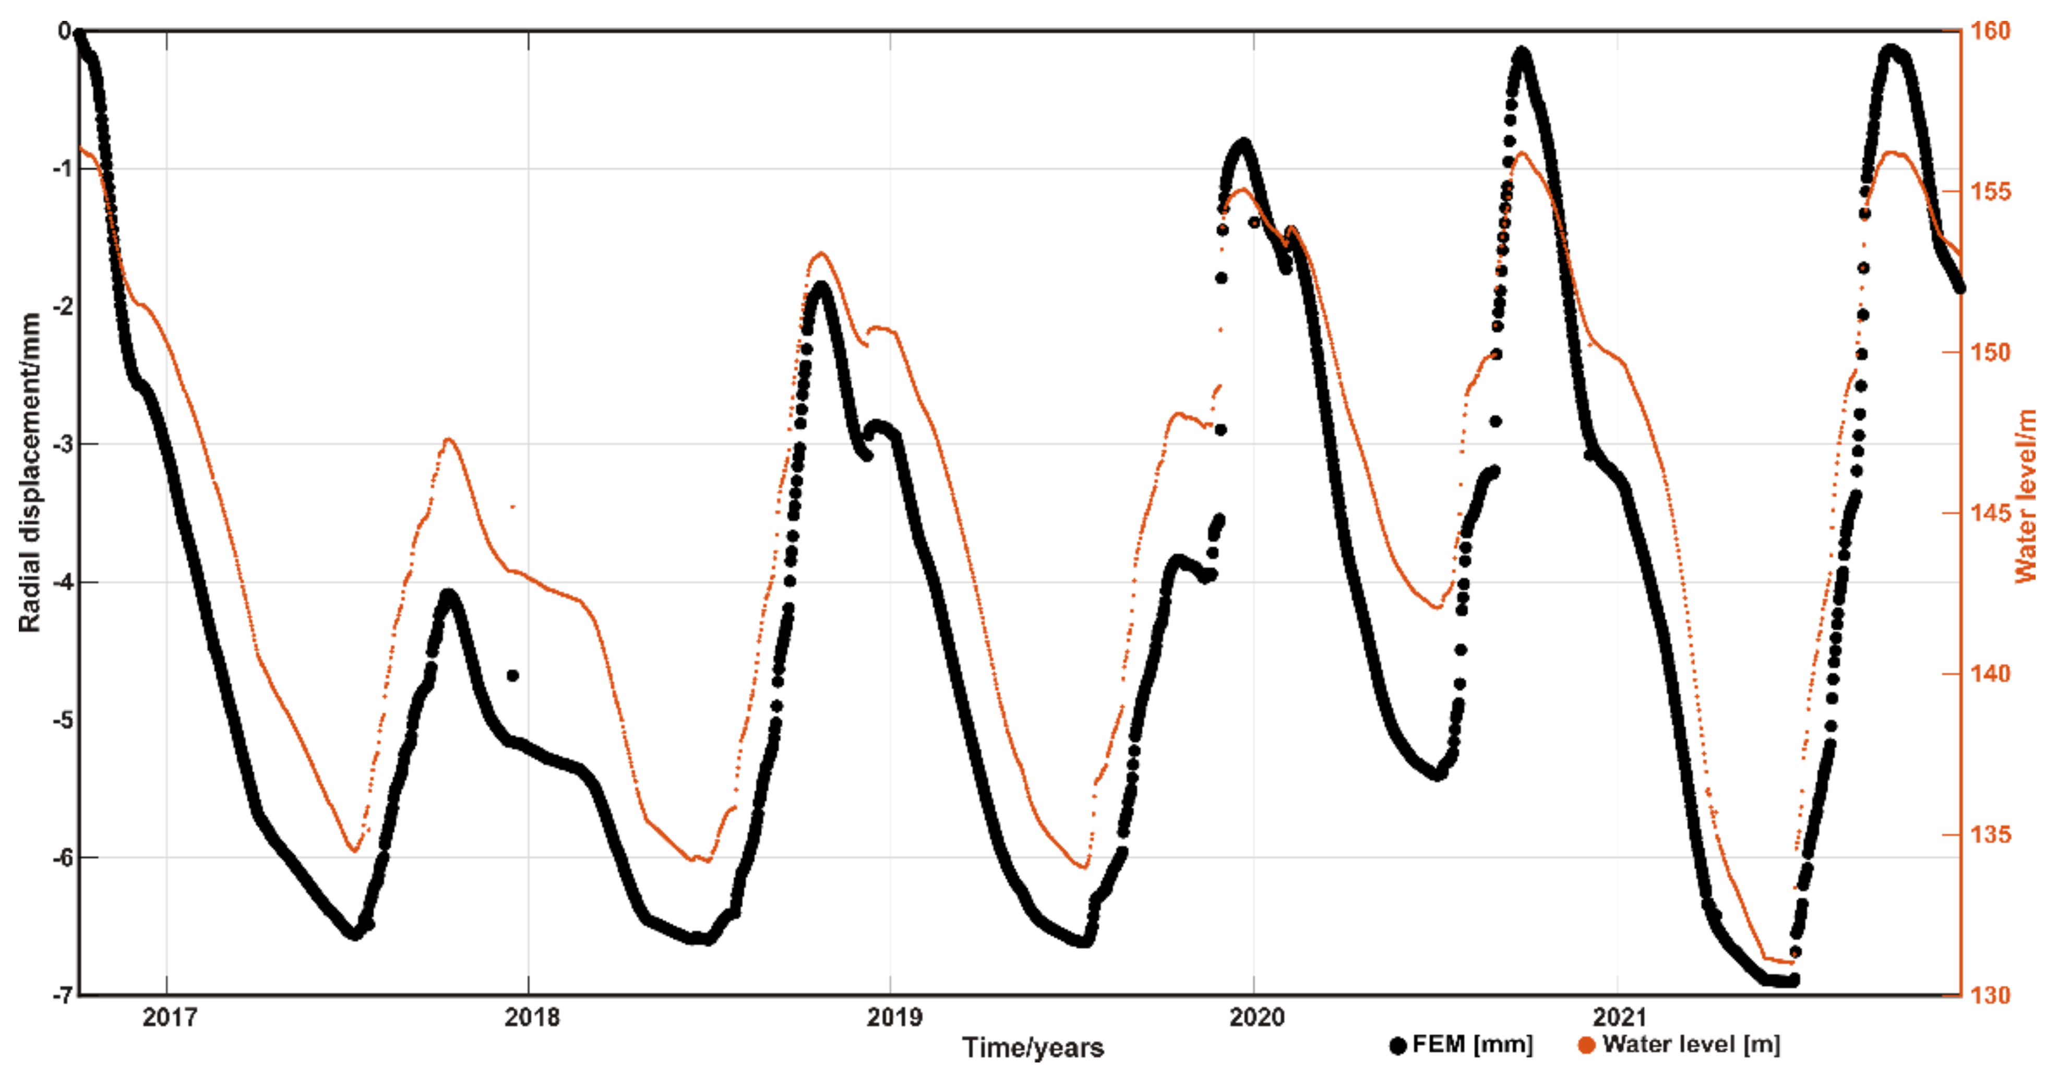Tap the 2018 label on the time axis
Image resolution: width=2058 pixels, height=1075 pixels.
(x=531, y=1018)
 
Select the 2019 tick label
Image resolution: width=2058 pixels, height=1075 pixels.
(x=894, y=1018)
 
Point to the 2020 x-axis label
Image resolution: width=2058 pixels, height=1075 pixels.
(x=1257, y=1018)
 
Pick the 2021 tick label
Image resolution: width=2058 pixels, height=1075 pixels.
(x=1619, y=1018)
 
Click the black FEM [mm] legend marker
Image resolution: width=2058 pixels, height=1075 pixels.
(x=1397, y=1045)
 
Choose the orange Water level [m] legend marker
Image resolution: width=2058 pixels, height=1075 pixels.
(x=1587, y=1045)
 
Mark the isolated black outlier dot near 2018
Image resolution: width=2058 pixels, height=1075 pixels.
(x=513, y=675)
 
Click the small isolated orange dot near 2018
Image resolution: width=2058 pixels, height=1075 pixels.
(x=513, y=506)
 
